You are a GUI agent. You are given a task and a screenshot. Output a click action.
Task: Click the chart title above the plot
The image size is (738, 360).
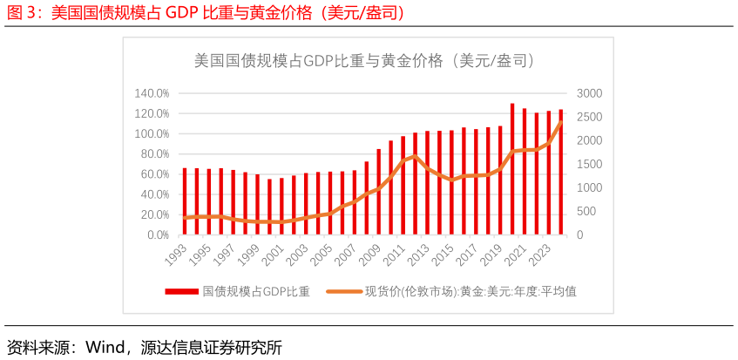(364, 61)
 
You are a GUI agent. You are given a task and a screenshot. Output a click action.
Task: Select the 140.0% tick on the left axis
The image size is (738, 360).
(152, 93)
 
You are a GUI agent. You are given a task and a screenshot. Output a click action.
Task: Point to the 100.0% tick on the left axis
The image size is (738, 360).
(152, 133)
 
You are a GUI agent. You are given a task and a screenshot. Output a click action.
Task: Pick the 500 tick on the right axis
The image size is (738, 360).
(586, 212)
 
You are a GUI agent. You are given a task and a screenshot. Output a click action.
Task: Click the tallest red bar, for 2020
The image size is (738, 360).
(512, 170)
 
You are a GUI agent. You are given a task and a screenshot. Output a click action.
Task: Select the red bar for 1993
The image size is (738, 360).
(185, 201)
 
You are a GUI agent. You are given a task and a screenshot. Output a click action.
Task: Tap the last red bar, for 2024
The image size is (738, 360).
(560, 173)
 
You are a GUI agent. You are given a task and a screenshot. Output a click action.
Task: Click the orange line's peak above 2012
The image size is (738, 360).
(415, 156)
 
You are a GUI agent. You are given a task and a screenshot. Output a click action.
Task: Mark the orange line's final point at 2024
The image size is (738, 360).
(560, 122)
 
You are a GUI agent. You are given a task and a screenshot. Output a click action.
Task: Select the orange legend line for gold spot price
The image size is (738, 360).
(343, 292)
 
